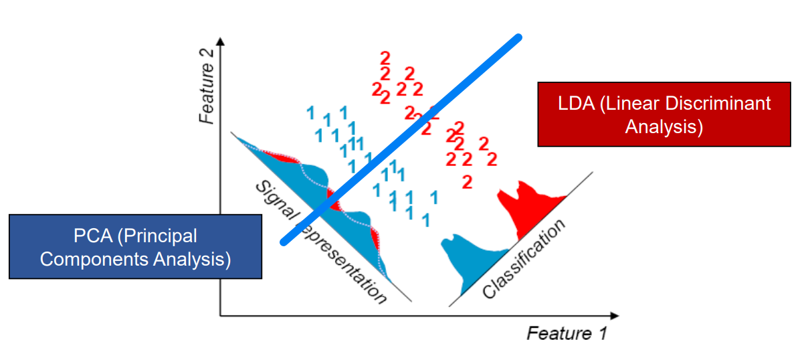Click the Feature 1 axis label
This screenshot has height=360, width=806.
(x=567, y=333)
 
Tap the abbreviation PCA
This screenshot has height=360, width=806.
(x=92, y=236)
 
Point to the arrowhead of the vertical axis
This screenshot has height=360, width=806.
(x=219, y=41)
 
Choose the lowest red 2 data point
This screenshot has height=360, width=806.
(x=467, y=181)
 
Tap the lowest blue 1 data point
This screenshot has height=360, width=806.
(x=425, y=219)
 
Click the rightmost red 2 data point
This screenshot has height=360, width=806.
(x=492, y=159)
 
